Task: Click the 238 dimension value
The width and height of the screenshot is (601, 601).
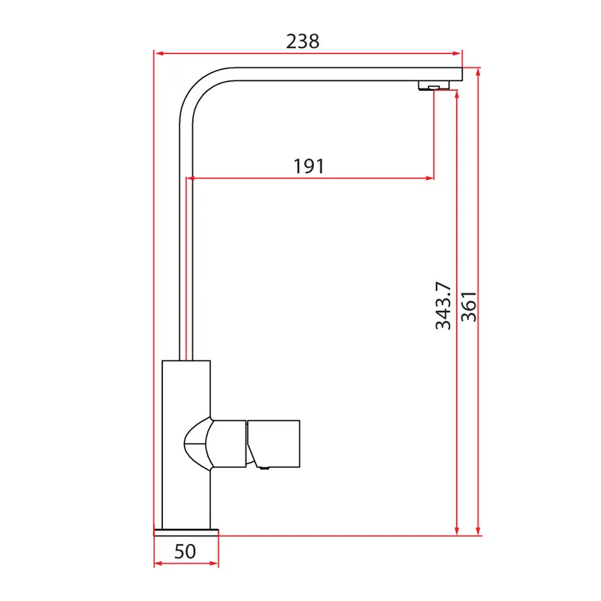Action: point(303,41)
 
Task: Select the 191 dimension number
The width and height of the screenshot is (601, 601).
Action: point(309,166)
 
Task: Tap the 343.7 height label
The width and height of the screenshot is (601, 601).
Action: point(443,306)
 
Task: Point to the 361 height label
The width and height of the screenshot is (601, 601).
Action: point(469,307)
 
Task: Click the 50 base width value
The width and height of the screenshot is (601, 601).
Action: point(185,551)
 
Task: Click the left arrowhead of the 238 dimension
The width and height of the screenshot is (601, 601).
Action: point(159,53)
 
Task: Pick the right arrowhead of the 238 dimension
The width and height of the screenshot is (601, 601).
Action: point(457,53)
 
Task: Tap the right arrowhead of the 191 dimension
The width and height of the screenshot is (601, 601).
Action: point(429,178)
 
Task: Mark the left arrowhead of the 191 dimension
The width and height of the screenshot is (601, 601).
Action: point(191,178)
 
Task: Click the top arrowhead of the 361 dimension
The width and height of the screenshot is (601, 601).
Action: point(478,72)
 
